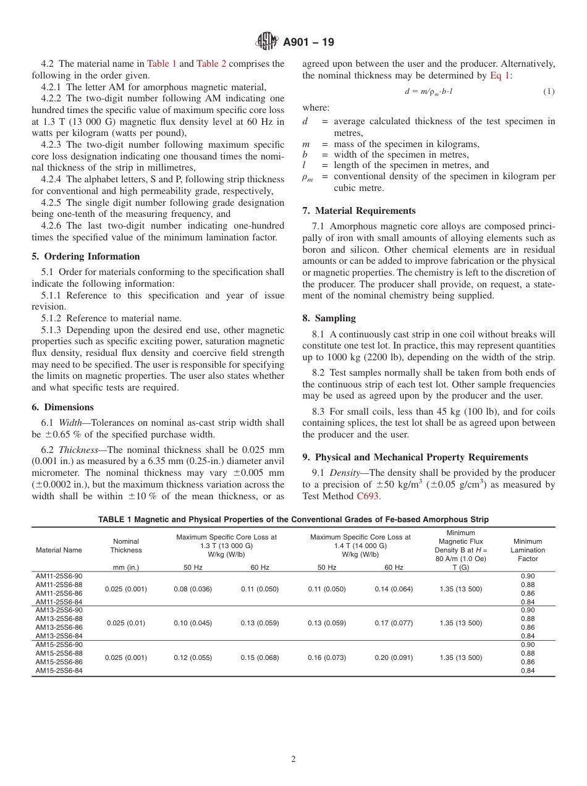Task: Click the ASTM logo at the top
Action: click(x=267, y=42)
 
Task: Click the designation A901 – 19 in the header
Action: click(x=308, y=43)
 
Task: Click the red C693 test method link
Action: click(x=368, y=496)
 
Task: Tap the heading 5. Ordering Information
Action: click(x=86, y=256)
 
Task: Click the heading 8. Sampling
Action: click(x=329, y=318)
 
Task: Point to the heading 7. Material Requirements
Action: click(x=359, y=211)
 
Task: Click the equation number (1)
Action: click(x=549, y=91)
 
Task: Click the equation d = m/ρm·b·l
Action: click(x=429, y=91)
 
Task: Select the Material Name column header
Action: click(x=59, y=550)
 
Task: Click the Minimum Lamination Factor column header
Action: click(x=528, y=550)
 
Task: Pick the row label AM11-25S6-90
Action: click(x=59, y=576)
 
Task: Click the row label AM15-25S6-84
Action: click(x=59, y=671)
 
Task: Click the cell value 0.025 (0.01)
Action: click(x=126, y=623)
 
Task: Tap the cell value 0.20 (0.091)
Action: click(x=394, y=657)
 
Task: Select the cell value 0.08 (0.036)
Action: click(x=193, y=589)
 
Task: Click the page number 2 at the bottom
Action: click(x=293, y=759)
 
